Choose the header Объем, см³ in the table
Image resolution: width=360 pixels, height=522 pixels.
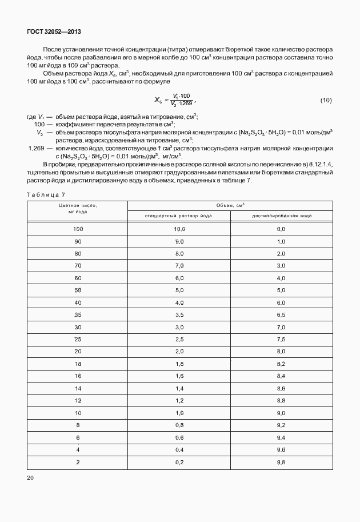231,205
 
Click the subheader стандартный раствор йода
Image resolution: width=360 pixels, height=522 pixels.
179,216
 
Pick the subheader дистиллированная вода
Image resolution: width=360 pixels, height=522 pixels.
281,216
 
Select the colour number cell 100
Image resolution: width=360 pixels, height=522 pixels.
78,229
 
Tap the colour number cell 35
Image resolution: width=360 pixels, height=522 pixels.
78,314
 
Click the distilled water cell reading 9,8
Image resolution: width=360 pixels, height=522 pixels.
281,462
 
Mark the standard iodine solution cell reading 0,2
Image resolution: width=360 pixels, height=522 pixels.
179,462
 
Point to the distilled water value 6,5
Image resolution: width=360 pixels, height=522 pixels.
281,314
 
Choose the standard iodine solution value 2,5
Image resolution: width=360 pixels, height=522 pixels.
179,339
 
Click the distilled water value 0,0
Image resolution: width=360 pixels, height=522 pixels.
281,229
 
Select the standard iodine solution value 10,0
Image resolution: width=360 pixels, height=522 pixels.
179,229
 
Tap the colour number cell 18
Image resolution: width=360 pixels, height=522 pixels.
78,364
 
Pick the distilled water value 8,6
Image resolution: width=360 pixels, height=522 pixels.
281,388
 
